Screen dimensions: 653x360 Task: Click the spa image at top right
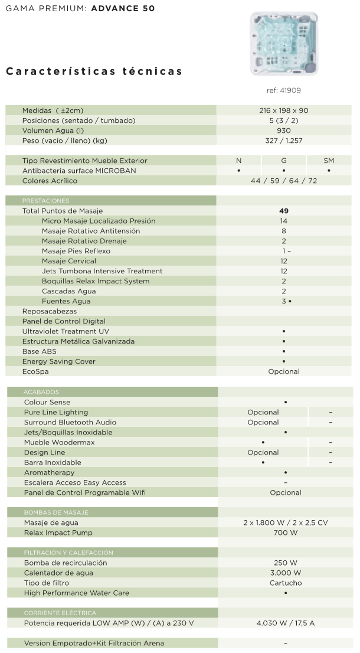(284, 44)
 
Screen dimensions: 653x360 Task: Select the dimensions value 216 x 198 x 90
(283, 110)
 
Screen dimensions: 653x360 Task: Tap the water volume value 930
(283, 130)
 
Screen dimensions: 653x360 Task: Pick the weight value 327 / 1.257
(283, 141)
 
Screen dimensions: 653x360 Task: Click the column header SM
(329, 161)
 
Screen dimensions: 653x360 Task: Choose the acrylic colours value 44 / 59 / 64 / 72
(283, 181)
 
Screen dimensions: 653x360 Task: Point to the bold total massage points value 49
(283, 211)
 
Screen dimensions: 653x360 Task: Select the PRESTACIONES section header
(45, 201)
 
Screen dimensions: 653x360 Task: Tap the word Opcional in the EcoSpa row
(283, 371)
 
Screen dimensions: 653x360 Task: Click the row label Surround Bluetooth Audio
(70, 422)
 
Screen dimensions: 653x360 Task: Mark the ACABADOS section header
(41, 392)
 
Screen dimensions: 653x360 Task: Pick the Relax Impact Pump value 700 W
(286, 533)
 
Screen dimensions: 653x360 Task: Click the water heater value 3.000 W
(286, 573)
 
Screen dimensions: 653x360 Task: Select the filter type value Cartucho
(286, 583)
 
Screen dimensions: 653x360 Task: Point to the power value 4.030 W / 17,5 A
(286, 623)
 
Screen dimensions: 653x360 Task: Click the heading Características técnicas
(94, 71)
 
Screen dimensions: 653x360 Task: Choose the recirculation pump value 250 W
(286, 563)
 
